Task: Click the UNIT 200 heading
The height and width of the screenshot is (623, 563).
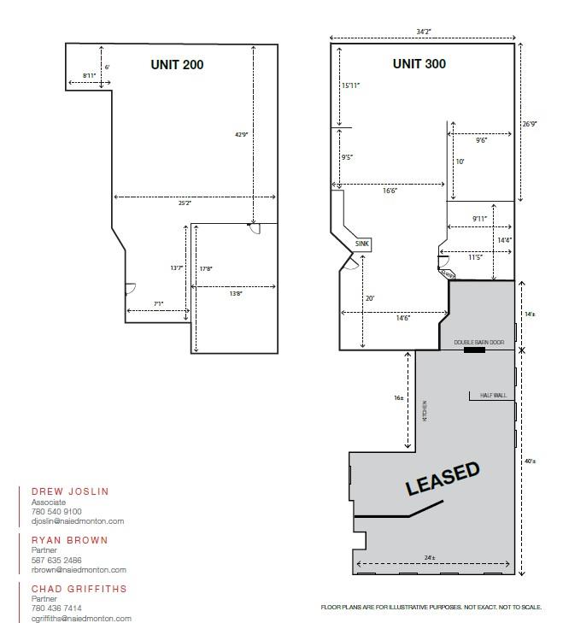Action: tap(177, 64)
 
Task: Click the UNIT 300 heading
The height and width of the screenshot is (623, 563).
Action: tap(419, 64)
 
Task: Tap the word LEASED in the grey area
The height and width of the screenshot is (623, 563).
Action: tap(443, 479)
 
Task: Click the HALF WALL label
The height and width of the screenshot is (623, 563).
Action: tap(492, 395)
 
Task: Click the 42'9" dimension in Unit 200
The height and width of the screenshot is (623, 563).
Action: tap(241, 134)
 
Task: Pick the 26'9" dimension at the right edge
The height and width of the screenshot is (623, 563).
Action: tap(530, 123)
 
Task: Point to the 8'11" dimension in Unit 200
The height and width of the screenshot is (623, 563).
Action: tap(90, 76)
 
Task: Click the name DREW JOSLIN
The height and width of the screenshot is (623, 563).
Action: tap(70, 491)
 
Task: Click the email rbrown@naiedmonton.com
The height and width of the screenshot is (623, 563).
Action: tap(79, 570)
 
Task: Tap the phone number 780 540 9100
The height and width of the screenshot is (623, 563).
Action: tap(56, 512)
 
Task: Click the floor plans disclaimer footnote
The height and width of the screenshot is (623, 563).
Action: tap(431, 608)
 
